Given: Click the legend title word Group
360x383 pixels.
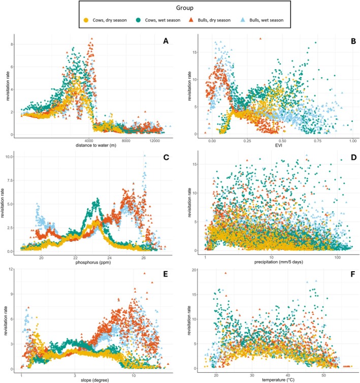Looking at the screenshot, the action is coord(185,8).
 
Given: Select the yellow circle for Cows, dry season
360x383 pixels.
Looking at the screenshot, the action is coord(86,20).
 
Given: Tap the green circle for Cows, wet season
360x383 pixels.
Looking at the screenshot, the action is coord(139,20).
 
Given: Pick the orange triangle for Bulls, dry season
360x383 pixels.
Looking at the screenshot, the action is coord(192,20).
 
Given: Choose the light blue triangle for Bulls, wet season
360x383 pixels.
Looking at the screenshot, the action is coord(243,20).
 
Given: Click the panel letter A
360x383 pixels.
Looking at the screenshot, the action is coord(166,41).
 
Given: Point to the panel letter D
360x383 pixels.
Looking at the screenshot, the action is coord(353,157).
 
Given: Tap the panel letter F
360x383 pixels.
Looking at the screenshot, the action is coord(353,274).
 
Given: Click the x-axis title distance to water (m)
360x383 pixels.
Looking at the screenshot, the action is coord(96,145).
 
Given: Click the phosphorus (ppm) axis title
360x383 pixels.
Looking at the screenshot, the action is coord(93,263).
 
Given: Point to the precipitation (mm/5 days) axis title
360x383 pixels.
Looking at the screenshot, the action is coord(279,262).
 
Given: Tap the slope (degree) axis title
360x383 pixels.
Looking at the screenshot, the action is coord(95,380).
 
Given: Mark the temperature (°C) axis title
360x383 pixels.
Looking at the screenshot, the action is coord(278,380).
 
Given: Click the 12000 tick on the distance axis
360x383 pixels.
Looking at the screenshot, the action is coord(154,141).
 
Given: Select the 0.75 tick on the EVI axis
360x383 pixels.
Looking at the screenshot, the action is coord(318,141).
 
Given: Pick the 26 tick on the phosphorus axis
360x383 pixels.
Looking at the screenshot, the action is coord(143,258).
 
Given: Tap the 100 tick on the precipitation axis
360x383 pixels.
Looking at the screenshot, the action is coord(337,258).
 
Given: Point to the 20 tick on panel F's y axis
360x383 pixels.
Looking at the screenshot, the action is coord(194,270).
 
